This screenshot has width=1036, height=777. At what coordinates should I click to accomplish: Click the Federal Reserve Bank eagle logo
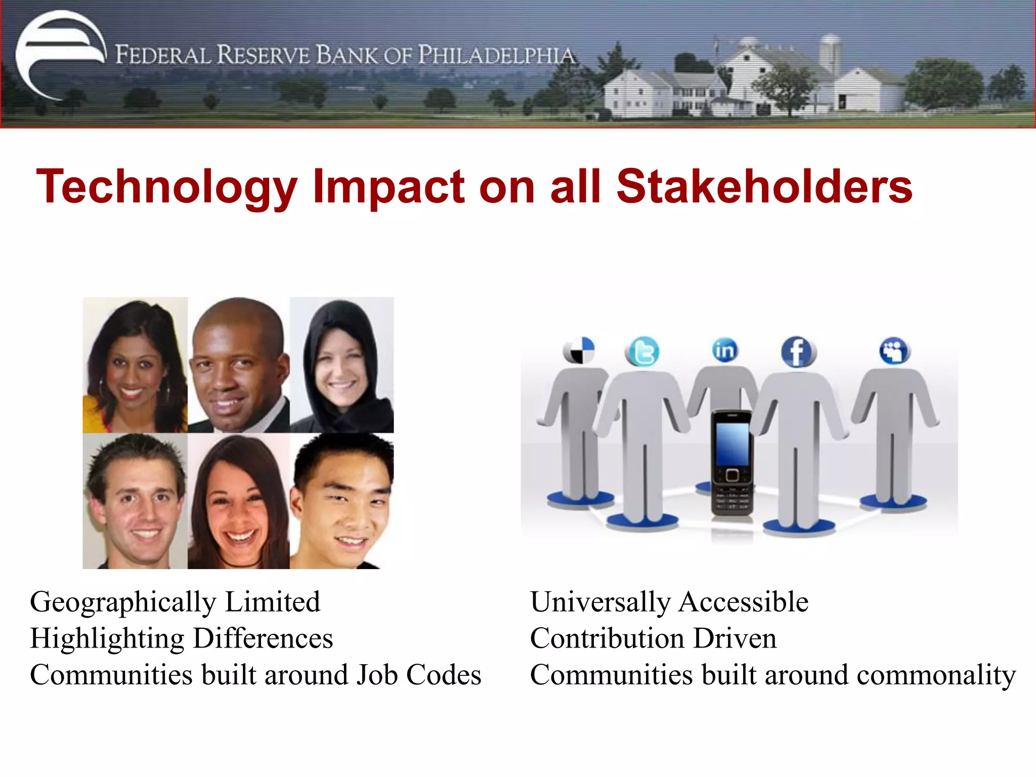[x=60, y=55]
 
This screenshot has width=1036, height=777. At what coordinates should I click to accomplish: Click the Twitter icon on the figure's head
[x=642, y=352]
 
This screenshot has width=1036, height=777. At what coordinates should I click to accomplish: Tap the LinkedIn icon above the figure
[x=725, y=350]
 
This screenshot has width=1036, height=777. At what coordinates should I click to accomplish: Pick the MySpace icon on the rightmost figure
[x=894, y=350]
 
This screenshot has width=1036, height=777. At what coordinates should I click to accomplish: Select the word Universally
[x=600, y=602]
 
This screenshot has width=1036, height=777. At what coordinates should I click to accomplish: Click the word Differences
[x=263, y=638]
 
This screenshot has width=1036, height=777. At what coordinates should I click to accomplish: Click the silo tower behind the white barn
[x=830, y=53]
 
